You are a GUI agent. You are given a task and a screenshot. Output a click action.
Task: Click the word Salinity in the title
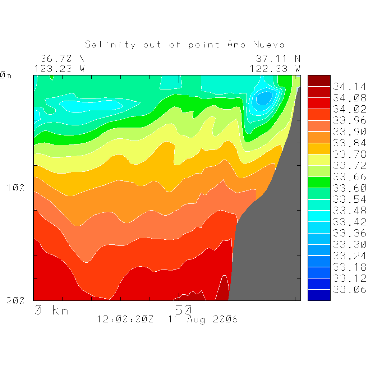(110, 45)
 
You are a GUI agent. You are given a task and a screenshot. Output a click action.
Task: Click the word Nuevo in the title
(269, 45)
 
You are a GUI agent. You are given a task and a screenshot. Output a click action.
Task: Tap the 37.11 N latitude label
(278, 59)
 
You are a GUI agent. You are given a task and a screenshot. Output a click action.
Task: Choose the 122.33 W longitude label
(275, 68)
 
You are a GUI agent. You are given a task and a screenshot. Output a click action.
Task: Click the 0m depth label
(6, 75)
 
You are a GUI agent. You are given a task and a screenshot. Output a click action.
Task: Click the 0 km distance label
(51, 310)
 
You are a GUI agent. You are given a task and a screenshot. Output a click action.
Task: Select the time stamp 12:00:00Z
(125, 319)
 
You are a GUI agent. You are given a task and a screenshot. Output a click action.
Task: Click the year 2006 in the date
(225, 319)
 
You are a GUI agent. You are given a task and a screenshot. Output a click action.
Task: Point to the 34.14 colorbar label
(349, 87)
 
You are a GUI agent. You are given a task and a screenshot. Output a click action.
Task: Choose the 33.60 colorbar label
(349, 188)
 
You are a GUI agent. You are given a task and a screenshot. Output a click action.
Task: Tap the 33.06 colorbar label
(349, 290)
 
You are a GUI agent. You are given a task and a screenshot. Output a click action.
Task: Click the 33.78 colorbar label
(349, 155)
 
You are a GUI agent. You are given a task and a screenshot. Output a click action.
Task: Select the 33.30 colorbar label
(349, 245)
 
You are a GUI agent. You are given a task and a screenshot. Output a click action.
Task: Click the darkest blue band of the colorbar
(319, 295)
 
